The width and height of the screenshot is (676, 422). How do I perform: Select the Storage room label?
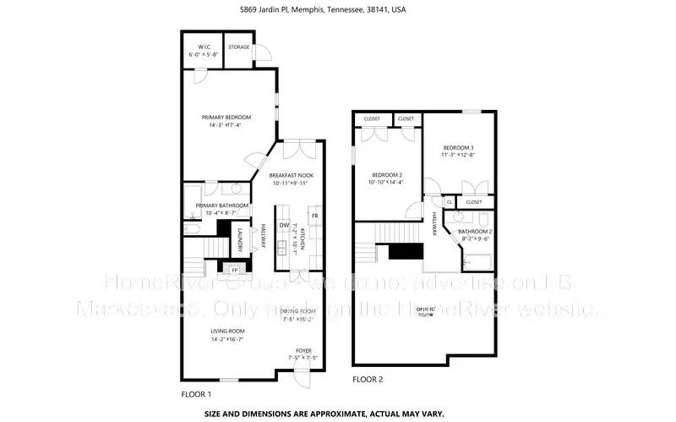239,47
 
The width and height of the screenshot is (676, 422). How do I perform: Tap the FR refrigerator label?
314,216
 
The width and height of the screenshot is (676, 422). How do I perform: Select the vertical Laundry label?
240,241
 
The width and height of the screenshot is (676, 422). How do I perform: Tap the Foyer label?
302,351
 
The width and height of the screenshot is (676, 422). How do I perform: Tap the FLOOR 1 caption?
196,394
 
